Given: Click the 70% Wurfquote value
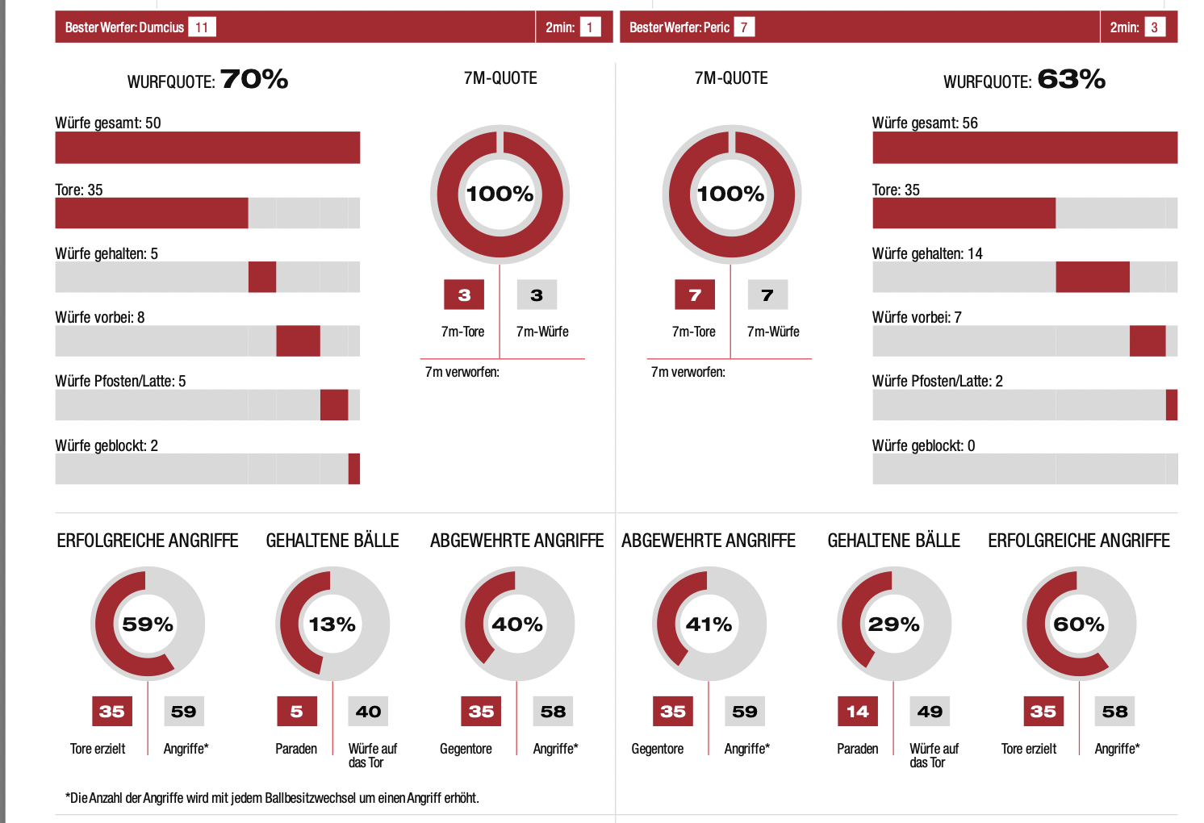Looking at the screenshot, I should tap(253, 79).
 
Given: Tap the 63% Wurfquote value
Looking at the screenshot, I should tap(1071, 79).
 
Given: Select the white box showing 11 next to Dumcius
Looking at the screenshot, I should tap(202, 27).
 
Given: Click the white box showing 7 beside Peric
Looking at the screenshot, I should tap(743, 27).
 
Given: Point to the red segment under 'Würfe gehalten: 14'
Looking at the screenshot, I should tap(1092, 277).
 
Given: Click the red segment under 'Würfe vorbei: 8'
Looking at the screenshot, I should tap(298, 340).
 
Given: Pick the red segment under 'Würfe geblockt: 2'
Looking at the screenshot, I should tap(353, 469).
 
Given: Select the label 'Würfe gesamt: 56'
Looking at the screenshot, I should tap(925, 123).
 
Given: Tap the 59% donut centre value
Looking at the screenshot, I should tap(148, 625).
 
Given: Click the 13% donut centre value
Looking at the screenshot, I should tap(332, 625).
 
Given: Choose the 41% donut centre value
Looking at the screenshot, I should tap(709, 625).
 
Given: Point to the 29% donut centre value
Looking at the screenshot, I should tap(893, 625).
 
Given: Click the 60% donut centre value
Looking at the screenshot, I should tap(1079, 625).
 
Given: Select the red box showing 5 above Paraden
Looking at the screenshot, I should tap(296, 712).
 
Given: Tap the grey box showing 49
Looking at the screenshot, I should tap(930, 712).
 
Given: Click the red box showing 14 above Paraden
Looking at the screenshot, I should tap(857, 712).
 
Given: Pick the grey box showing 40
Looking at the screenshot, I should tap(368, 712).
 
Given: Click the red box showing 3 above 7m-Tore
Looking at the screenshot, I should tap(464, 295).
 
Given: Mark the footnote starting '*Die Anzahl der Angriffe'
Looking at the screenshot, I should tap(272, 798).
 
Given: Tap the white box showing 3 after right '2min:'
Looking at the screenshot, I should tap(1154, 27).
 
